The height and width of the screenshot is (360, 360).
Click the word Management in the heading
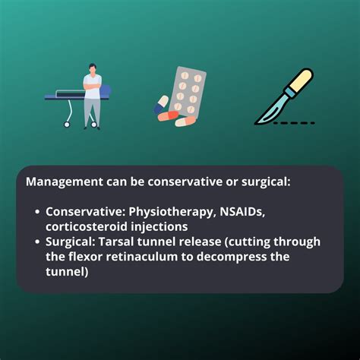(65, 182)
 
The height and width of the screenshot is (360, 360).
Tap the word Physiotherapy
(171, 212)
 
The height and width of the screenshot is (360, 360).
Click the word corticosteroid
(87, 226)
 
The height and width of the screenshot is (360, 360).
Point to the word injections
(159, 227)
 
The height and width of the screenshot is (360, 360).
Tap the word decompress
(232, 257)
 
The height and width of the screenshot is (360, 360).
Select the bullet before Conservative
(37, 212)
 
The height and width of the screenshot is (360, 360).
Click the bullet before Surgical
(37, 242)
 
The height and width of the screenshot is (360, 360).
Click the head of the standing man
(93, 69)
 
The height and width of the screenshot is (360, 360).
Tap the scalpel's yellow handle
(302, 81)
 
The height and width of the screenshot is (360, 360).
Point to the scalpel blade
(268, 112)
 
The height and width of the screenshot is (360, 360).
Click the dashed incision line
(294, 123)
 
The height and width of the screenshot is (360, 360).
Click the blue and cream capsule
(161, 104)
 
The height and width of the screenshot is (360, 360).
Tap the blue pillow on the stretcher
(106, 90)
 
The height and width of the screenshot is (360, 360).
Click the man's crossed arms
(93, 85)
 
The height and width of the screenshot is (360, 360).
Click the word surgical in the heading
(266, 182)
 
